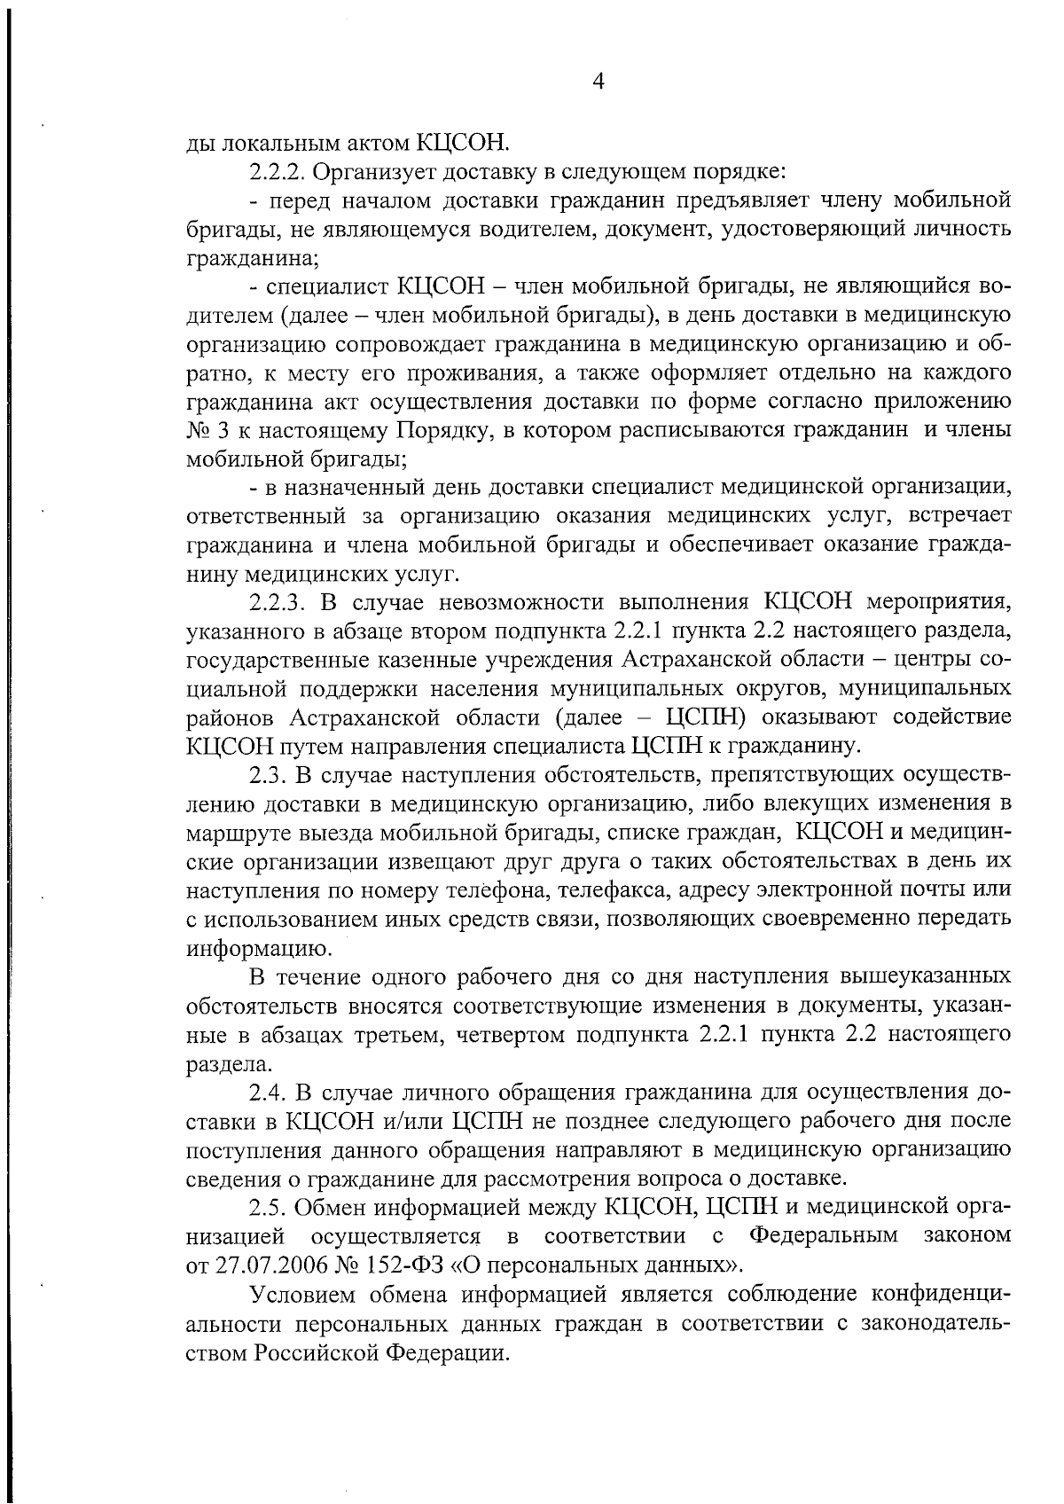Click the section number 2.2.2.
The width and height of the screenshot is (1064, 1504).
[277, 169]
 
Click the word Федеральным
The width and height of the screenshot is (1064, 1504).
[824, 1235]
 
